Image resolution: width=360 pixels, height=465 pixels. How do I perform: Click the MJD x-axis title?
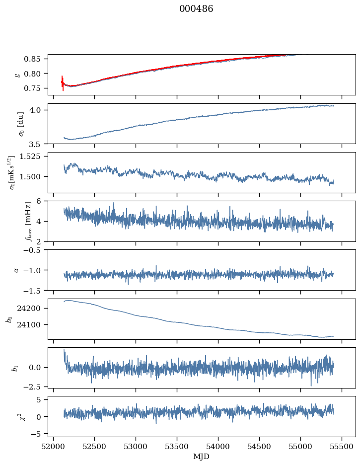pos(201,456)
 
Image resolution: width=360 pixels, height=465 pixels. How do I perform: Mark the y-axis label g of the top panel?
pos(17,75)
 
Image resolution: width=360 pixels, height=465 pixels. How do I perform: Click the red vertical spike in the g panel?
pos(63,83)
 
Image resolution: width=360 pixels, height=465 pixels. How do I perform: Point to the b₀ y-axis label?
pos(8,318)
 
